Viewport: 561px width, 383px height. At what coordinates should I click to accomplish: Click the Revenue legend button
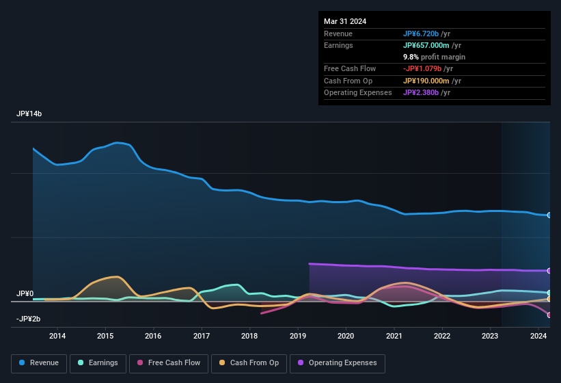click(39, 363)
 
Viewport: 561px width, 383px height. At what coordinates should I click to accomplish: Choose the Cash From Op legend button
click(249, 363)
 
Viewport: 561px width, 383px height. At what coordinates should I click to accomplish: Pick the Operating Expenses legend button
click(337, 363)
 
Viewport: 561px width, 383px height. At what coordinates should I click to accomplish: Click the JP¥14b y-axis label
click(29, 114)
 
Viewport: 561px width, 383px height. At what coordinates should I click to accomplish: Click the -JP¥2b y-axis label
click(28, 319)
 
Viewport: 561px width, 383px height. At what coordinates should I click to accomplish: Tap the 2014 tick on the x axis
click(57, 336)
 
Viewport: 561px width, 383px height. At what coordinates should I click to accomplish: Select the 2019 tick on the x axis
click(298, 336)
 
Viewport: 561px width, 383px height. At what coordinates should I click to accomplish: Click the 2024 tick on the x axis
click(538, 336)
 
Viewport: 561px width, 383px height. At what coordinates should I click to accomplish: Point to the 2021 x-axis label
click(394, 336)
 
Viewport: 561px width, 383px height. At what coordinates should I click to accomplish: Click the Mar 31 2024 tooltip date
click(345, 21)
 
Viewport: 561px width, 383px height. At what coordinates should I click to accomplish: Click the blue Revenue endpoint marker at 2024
click(549, 215)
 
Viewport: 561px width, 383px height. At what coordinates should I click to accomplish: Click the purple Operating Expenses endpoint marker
click(549, 271)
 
